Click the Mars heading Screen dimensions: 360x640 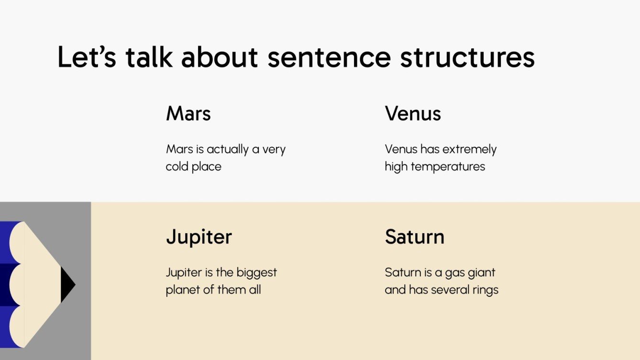(x=188, y=114)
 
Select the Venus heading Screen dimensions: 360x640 (x=413, y=114)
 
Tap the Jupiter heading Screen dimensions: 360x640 (x=199, y=237)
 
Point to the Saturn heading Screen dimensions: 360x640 (x=414, y=237)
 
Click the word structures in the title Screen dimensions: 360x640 (x=467, y=57)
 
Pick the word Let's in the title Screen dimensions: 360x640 (x=87, y=57)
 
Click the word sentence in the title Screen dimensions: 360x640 (x=329, y=57)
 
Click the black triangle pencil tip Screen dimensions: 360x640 (x=67, y=285)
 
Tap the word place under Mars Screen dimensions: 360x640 (x=207, y=167)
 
